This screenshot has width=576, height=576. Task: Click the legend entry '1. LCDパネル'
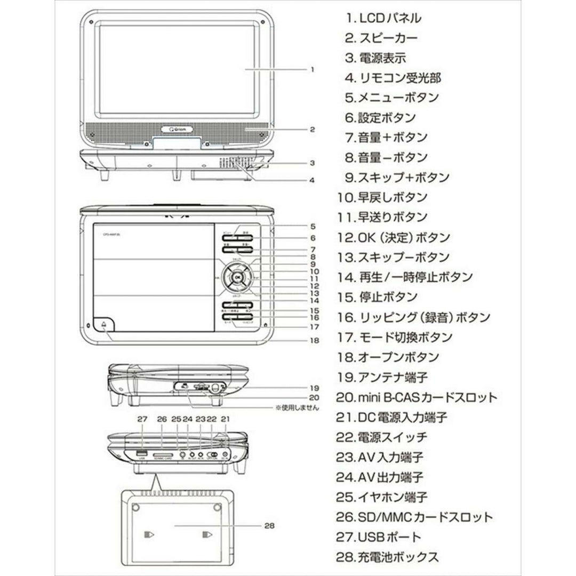tap(383, 18)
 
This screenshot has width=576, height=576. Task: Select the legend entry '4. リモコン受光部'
tap(393, 78)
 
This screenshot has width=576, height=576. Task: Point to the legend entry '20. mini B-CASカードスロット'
tap(417, 397)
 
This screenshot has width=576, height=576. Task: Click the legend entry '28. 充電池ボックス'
tap(388, 557)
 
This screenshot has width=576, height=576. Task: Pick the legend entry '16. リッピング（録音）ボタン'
tap(413, 317)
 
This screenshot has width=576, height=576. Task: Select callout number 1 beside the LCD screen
tap(312, 69)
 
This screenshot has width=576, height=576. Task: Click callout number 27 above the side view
tap(141, 420)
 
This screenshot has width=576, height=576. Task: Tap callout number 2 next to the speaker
tap(312, 129)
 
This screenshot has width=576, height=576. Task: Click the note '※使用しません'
tap(297, 408)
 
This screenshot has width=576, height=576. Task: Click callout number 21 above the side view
tap(225, 420)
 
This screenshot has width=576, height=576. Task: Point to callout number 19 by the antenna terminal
tap(314, 387)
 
